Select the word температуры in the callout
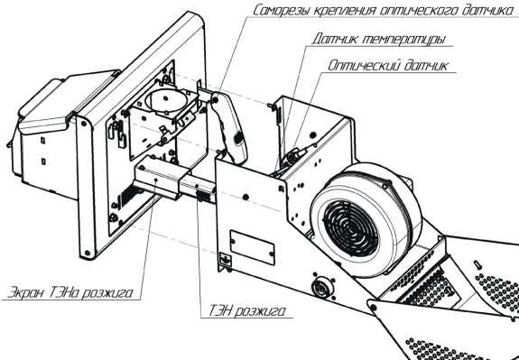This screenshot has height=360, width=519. pyautogui.click(x=403, y=39)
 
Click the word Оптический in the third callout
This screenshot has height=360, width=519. pyautogui.click(x=364, y=65)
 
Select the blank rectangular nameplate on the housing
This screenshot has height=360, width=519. pyautogui.click(x=252, y=247)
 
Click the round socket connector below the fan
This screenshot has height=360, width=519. pyautogui.click(x=321, y=287)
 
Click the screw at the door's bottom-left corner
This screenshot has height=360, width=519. pyautogui.click(x=88, y=254)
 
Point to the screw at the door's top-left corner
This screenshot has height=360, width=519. pyautogui.click(x=83, y=124)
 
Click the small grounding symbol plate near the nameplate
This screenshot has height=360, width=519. pyautogui.click(x=225, y=258)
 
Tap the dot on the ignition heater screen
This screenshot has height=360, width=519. pyautogui.click(x=156, y=180)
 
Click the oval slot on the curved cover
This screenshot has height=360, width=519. pyautogui.click(x=237, y=138)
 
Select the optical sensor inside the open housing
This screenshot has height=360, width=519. pyautogui.click(x=293, y=154)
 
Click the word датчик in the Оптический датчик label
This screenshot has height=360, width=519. pyautogui.click(x=426, y=65)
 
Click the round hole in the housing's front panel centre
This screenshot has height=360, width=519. pyautogui.click(x=246, y=197)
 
